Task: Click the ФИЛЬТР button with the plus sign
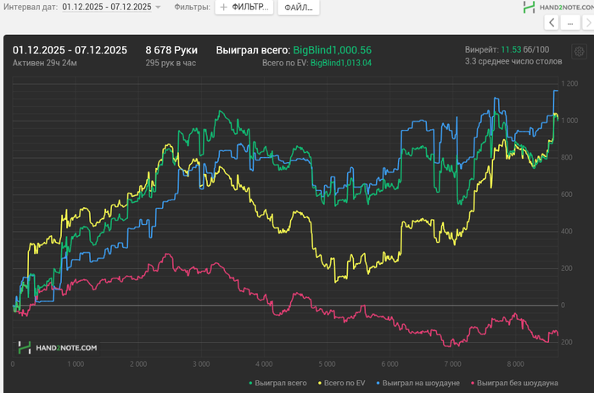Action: pos(244,7)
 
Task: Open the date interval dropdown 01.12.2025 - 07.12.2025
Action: pos(110,7)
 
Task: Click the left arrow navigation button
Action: pos(552,23)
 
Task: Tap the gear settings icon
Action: pos(579,51)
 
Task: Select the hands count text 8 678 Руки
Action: pos(171,50)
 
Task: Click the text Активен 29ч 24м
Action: pos(44,63)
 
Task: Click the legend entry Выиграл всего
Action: pos(278,383)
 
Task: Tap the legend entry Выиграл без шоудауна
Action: pos(518,383)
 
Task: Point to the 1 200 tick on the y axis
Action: pos(569,83)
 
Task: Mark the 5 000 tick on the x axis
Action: pos(327,364)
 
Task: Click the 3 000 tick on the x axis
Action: pos(201,364)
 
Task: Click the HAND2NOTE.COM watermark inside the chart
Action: pos(59,347)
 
